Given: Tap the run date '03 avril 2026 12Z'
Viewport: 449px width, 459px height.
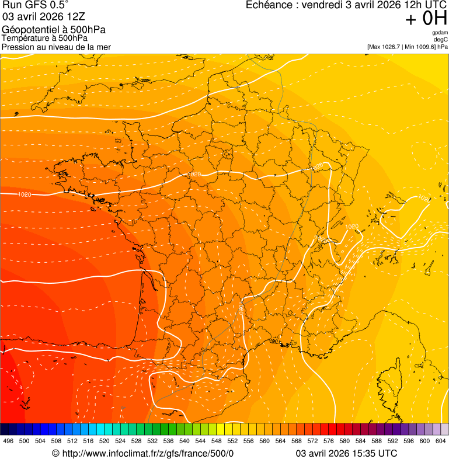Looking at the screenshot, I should [x=43, y=17].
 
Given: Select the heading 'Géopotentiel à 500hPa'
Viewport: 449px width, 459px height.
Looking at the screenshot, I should [x=54, y=30].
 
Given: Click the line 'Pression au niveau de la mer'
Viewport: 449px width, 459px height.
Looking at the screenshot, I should [x=56, y=47].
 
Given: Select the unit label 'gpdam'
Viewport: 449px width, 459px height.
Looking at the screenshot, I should [x=440, y=33].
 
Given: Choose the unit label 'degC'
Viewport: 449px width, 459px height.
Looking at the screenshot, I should [x=441, y=40].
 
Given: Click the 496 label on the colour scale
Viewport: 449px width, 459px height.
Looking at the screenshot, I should [x=8, y=441].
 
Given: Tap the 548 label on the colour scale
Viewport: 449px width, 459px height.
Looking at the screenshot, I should [x=216, y=441].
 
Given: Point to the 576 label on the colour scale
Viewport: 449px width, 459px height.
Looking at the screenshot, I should [x=328, y=441].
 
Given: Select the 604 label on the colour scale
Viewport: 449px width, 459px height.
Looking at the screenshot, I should [x=440, y=441].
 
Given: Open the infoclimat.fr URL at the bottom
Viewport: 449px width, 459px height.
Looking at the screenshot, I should [x=147, y=453].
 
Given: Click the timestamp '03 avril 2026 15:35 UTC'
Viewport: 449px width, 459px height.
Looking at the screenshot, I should [x=347, y=453].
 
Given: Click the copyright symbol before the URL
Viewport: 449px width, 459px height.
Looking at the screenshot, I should [x=55, y=453].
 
